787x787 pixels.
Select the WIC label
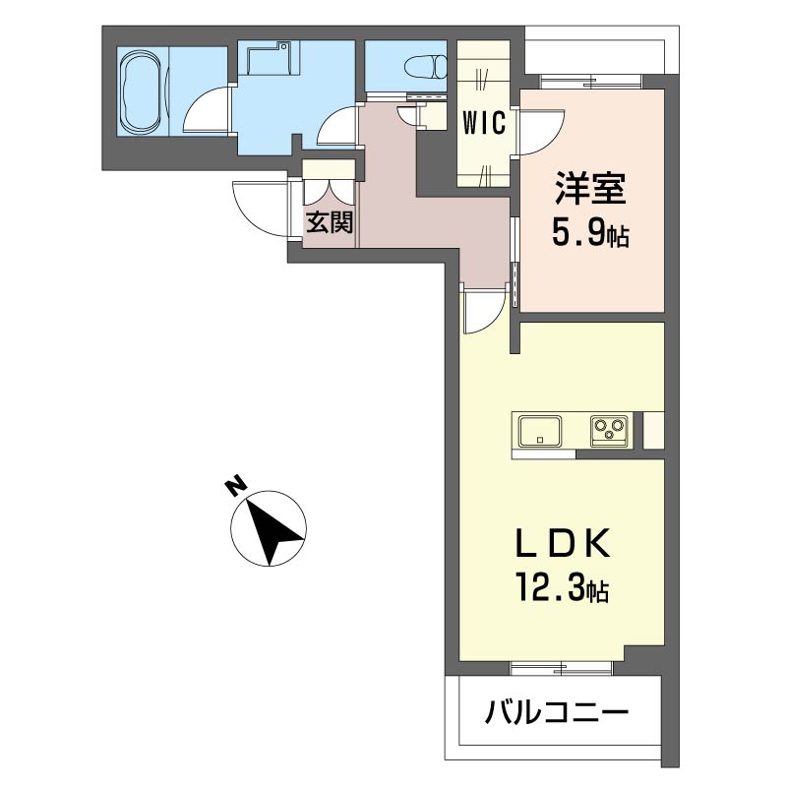pyautogui.click(x=484, y=123)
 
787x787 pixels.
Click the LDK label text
pyautogui.click(x=566, y=543)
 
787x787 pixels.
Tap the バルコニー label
pyautogui.click(x=556, y=712)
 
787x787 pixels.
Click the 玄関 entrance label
pyautogui.click(x=329, y=222)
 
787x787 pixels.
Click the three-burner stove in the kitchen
pyautogui.click(x=610, y=430)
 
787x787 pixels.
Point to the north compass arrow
pyautogui.click(x=270, y=527)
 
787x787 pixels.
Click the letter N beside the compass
pyautogui.click(x=234, y=486)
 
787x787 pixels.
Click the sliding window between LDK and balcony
pyautogui.click(x=562, y=668)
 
